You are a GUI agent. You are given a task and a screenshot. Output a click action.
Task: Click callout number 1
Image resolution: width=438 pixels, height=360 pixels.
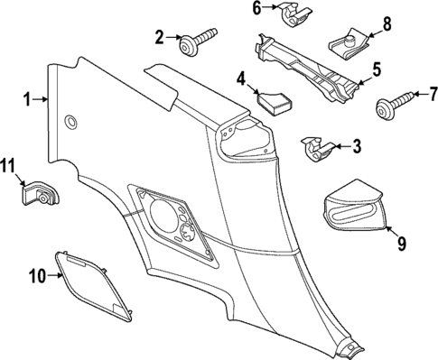[x=28, y=99]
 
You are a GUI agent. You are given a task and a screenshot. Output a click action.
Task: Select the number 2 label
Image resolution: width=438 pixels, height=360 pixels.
[x=160, y=37]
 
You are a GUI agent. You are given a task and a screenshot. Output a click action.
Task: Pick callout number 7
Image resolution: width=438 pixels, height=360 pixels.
[x=432, y=92]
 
